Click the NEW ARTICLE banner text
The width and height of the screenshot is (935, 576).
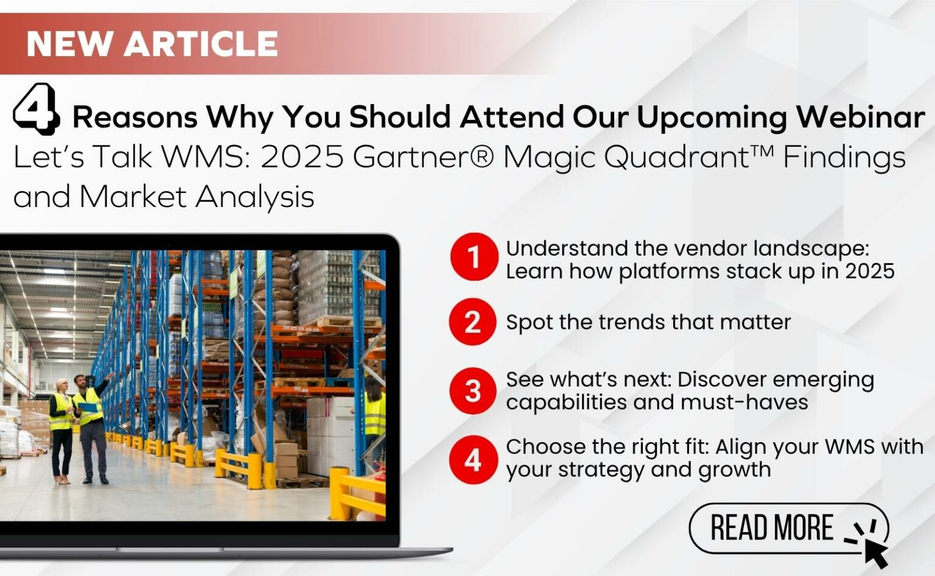[152, 43]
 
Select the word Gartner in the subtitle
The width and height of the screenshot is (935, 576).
[423, 157]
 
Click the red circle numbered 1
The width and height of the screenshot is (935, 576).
[474, 257]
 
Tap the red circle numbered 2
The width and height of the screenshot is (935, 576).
[473, 322]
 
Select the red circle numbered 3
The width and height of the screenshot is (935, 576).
[473, 391]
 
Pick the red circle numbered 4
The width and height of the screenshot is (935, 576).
[474, 460]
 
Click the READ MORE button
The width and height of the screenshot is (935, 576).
[789, 529]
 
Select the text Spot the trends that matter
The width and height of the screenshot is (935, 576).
[648, 322]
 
